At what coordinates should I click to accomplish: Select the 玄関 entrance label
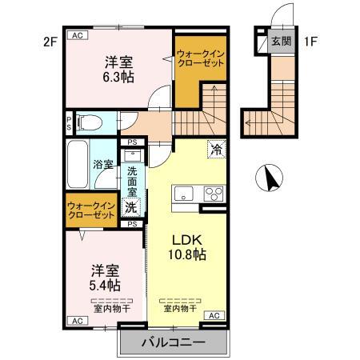pyautogui.click(x=280, y=42)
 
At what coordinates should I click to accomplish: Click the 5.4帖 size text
pyautogui.click(x=104, y=285)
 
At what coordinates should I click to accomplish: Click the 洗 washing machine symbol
pyautogui.click(x=132, y=207)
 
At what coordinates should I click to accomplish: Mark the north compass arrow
pyautogui.click(x=273, y=176)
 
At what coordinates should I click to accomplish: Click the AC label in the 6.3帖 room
pyautogui.click(x=78, y=35)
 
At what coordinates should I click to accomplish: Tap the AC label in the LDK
pyautogui.click(x=214, y=317)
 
